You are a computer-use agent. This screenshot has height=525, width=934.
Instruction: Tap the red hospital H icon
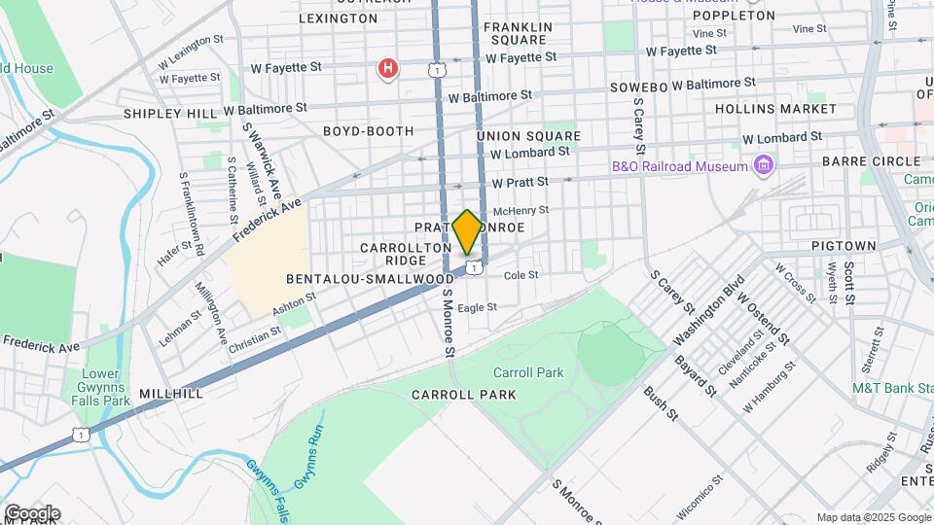[x=388, y=69]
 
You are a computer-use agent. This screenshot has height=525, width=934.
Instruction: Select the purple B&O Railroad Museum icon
[x=763, y=166]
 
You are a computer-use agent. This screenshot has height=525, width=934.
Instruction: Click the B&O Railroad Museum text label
[x=679, y=166]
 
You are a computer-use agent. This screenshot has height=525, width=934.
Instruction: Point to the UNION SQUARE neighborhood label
[x=528, y=136]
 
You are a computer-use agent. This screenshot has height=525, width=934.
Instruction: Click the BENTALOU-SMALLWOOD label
[x=370, y=278]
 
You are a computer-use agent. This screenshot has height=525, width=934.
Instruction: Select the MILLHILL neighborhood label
[x=171, y=394]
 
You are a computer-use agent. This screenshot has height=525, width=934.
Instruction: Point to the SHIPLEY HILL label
[x=170, y=114]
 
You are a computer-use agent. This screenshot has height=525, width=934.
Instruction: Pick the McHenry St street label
[x=521, y=210]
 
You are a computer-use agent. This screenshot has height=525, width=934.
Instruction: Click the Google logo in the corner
[x=31, y=513]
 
